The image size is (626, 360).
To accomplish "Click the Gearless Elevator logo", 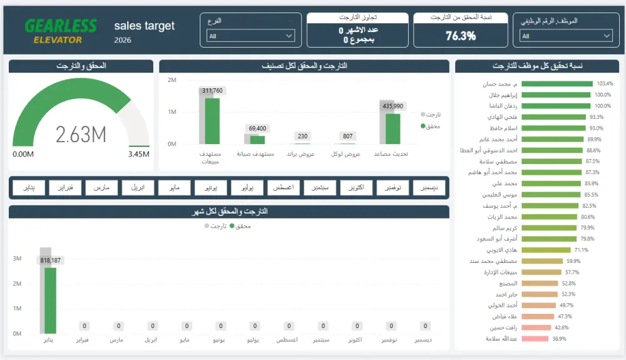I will [61, 31].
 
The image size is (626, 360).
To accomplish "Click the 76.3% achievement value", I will [461, 36].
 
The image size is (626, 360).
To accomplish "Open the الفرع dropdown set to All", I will [250, 36].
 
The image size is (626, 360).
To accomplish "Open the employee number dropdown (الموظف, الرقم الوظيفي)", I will [566, 36].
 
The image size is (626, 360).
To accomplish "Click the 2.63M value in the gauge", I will [81, 134].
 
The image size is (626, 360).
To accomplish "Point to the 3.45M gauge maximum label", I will [138, 154].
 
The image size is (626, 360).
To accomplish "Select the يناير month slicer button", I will [29, 187].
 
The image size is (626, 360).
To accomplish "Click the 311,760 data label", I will [212, 91].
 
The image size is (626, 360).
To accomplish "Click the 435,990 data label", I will [393, 106].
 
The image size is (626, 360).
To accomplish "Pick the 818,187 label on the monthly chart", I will [50, 260].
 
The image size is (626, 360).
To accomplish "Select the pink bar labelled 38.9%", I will [534, 339].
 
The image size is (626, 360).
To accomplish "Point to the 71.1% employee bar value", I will [581, 250].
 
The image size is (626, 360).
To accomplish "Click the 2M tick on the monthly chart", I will [18, 284].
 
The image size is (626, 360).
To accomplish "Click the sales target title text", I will [145, 26].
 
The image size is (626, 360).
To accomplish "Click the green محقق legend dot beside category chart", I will [423, 126].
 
